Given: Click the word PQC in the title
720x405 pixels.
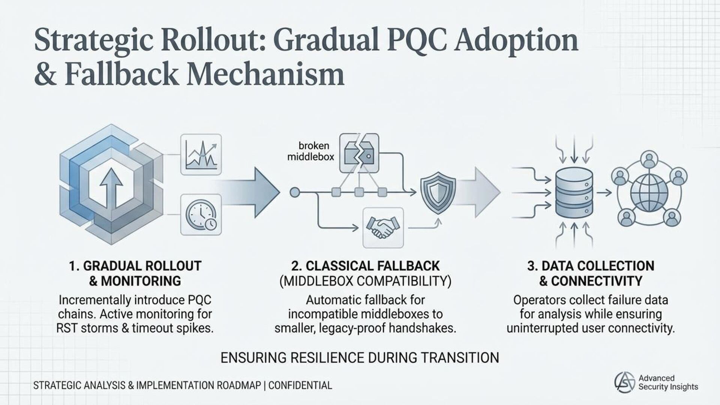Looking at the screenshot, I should (x=412, y=40).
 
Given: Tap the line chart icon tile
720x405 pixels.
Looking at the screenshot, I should (x=201, y=154).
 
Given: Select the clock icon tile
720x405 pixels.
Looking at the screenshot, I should (x=201, y=214).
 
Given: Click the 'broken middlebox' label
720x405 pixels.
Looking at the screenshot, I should (x=310, y=151).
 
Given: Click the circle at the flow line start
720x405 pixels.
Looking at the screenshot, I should (x=295, y=193).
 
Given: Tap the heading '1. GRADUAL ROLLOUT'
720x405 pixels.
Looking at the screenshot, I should (x=135, y=266).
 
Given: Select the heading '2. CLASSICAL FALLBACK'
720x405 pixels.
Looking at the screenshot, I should (x=365, y=266).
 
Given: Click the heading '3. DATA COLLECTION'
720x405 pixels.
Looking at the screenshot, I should (x=591, y=266).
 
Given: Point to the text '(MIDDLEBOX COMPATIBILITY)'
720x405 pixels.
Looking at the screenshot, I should (x=365, y=281).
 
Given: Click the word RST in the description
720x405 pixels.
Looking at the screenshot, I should (x=67, y=328).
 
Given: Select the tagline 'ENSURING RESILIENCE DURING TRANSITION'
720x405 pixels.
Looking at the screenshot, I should (x=360, y=358).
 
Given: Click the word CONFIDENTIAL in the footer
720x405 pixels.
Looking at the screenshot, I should (x=300, y=385).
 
